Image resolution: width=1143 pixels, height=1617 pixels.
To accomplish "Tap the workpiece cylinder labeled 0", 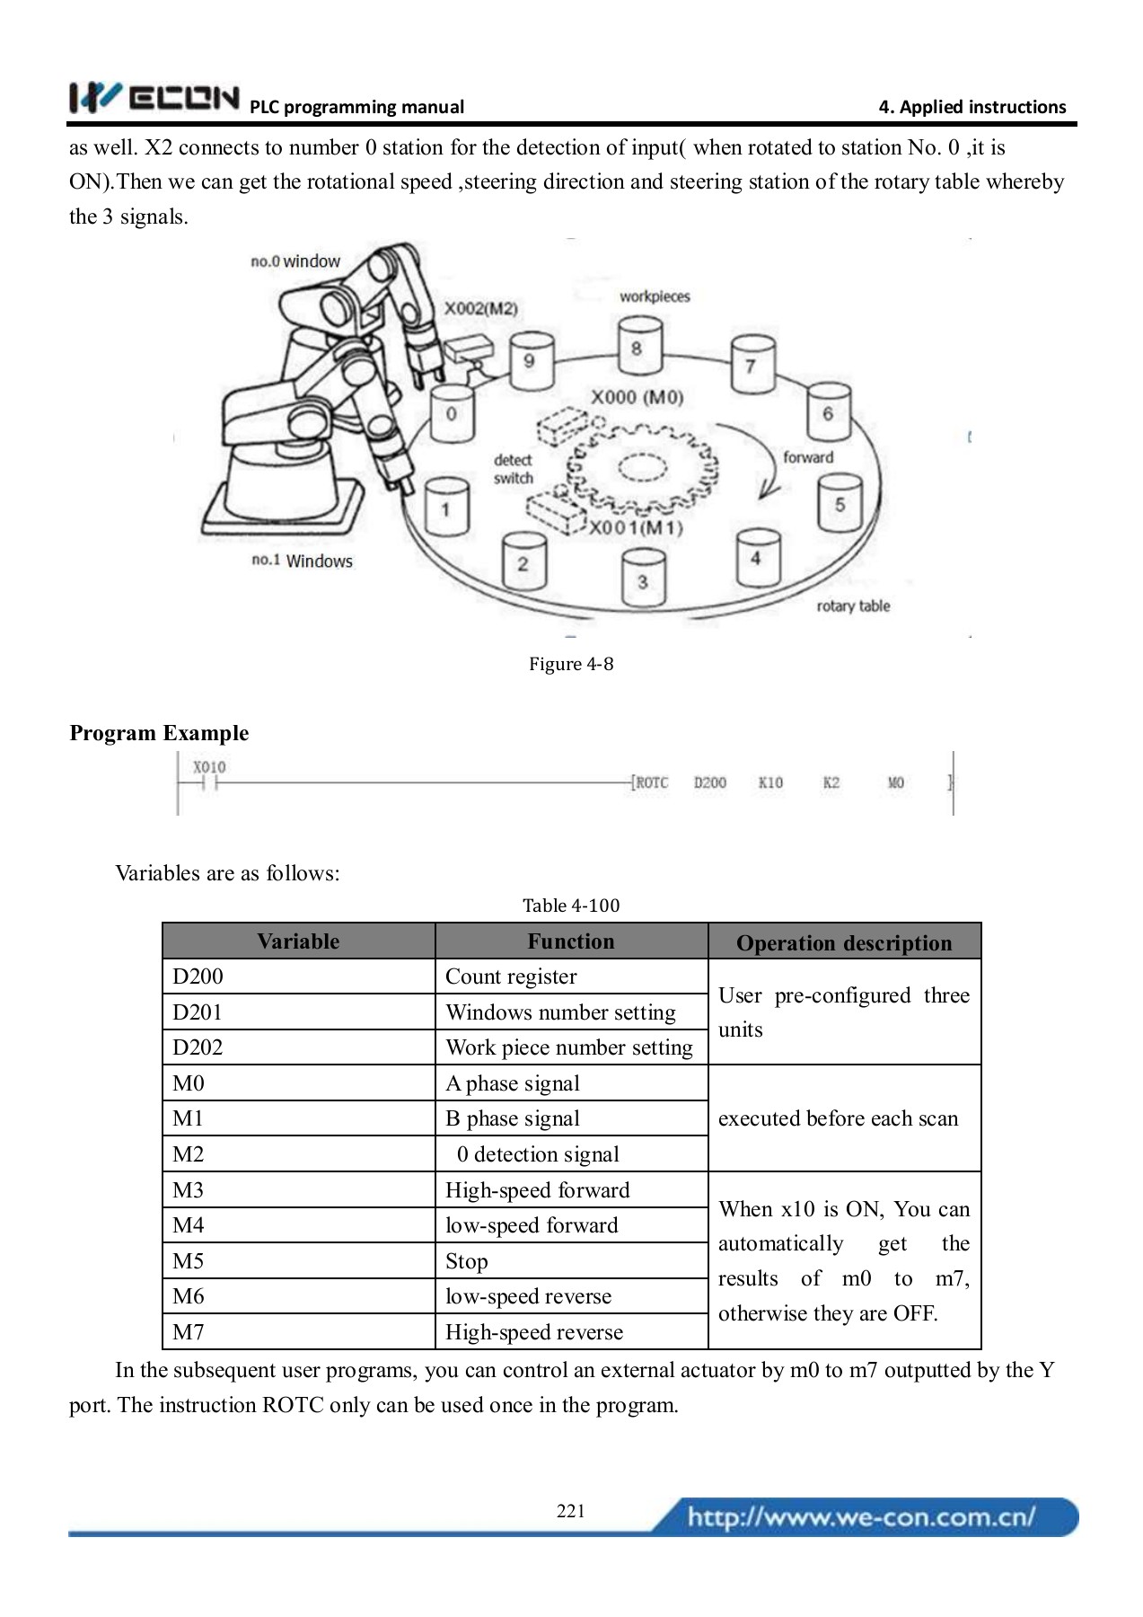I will click(452, 414).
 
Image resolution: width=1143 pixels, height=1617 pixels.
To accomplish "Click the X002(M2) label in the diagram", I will click(481, 308).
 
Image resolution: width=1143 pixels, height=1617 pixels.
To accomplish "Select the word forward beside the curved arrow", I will click(807, 457).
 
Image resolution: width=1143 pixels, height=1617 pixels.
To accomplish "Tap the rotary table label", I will click(852, 606).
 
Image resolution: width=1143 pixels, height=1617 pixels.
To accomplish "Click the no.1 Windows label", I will click(302, 561).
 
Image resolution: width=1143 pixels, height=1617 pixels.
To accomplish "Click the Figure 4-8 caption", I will click(571, 664).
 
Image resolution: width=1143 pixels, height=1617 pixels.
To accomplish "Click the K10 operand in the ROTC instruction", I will click(770, 782).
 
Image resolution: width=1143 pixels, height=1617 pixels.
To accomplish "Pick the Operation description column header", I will click(843, 942).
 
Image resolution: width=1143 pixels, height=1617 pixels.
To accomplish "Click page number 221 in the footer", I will click(571, 1511).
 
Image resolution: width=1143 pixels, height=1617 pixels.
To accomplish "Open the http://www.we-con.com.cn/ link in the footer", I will click(861, 1517).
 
